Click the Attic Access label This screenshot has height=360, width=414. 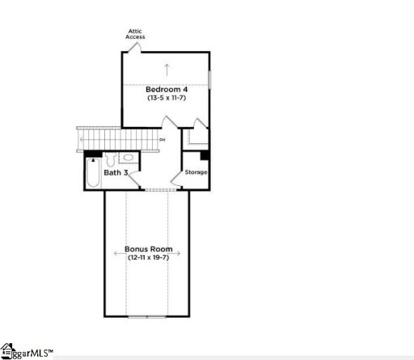[135, 34]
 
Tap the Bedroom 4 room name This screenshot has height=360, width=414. [166, 89]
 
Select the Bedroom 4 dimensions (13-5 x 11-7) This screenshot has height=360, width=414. [166, 98]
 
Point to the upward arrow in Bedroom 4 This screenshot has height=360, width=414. [166, 68]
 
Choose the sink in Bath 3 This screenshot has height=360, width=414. [128, 159]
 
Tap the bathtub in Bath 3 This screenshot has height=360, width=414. [92, 174]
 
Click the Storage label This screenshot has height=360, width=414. [196, 172]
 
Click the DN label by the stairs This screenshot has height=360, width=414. [163, 140]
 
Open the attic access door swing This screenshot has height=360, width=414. [133, 48]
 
